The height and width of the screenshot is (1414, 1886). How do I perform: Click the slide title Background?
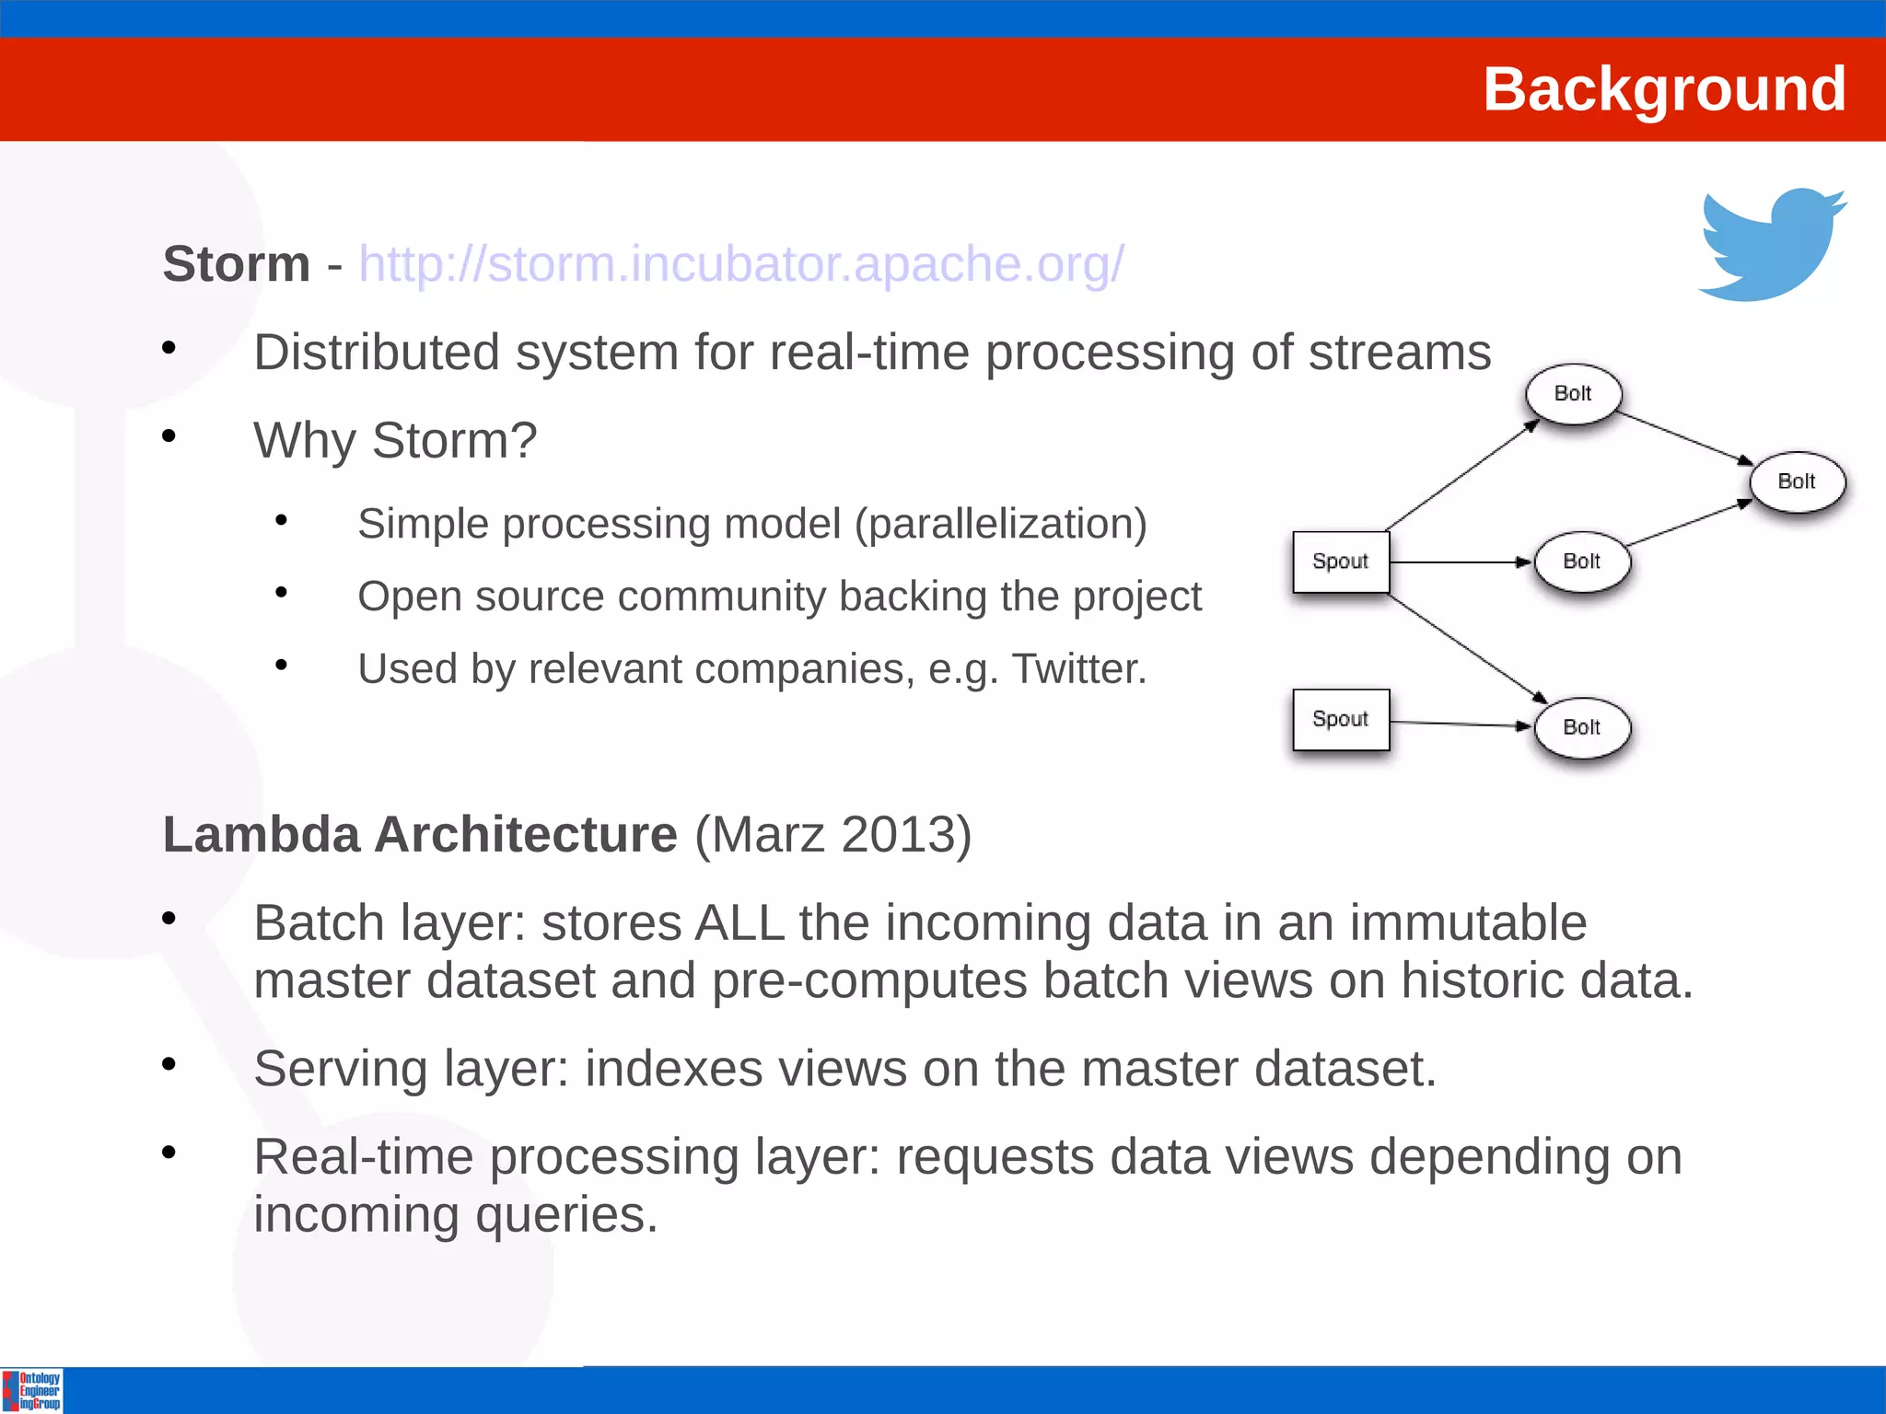(1663, 89)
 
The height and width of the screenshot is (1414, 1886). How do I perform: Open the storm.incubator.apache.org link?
(741, 264)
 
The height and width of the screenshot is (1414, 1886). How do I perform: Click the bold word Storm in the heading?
(236, 264)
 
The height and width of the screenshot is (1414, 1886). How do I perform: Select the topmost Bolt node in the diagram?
(1573, 394)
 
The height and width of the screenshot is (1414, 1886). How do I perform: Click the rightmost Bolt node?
(1797, 481)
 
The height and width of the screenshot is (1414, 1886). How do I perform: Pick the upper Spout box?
(1340, 562)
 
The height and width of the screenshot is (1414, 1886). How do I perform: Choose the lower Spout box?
(1340, 719)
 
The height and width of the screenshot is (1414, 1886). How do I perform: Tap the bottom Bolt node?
(1581, 727)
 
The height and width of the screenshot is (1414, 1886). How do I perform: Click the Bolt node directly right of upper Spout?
(1581, 562)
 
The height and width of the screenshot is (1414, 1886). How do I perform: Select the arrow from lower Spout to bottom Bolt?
(1460, 724)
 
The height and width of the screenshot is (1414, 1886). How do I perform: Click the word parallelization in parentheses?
(1000, 524)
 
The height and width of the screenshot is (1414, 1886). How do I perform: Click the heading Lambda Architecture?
(420, 835)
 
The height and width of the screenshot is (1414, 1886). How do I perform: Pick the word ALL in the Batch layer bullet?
(739, 923)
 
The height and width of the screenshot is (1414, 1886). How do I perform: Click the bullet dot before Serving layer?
(169, 1065)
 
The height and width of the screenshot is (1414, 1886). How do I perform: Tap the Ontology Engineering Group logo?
(32, 1390)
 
